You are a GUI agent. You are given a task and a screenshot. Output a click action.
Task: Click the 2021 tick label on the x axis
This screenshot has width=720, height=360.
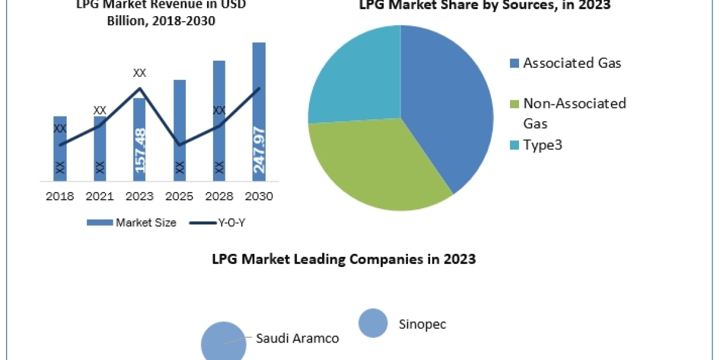pos(100,196)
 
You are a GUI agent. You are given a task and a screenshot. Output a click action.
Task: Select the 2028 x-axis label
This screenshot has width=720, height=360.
pos(219,196)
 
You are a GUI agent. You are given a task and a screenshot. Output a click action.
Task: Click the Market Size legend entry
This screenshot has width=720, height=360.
pos(131,223)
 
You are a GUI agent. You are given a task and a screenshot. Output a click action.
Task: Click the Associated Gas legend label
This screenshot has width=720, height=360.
pos(572,62)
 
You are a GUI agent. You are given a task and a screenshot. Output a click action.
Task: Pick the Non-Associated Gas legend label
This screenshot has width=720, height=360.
pos(574,113)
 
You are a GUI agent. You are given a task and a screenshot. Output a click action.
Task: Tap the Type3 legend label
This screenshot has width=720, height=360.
pos(542,145)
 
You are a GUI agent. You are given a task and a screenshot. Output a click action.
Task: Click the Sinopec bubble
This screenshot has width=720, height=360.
pos(373,324)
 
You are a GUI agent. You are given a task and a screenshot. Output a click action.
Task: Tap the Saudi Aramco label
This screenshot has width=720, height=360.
pos(298,338)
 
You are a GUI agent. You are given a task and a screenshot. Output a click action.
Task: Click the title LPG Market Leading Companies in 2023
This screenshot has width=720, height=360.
pos(344,259)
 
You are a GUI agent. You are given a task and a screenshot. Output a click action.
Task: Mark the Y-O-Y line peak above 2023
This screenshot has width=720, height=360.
pos(140,88)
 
